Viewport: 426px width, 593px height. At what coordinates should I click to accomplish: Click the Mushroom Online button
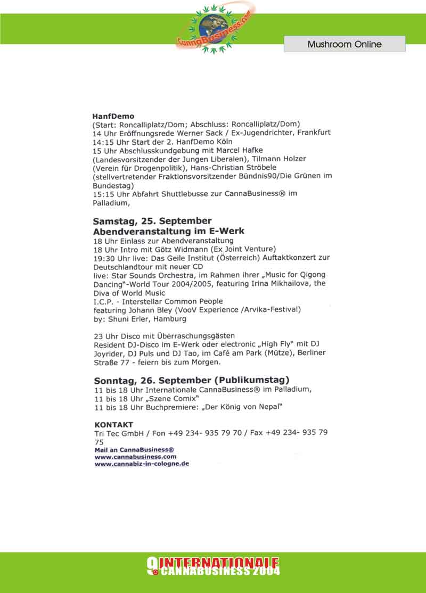click(345, 44)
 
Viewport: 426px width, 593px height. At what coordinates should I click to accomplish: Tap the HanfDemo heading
click(113, 116)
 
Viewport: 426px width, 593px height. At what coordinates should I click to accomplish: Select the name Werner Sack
click(203, 133)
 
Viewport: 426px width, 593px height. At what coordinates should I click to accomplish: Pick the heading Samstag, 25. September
click(152, 221)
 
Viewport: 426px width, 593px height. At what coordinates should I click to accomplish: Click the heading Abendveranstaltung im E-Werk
click(168, 232)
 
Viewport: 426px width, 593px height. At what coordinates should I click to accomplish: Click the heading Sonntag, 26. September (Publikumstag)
click(192, 380)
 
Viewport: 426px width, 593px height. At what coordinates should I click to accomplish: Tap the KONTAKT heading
click(113, 425)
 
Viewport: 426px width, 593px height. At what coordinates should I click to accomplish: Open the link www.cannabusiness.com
click(135, 456)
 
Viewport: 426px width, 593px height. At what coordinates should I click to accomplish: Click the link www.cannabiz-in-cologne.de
click(142, 464)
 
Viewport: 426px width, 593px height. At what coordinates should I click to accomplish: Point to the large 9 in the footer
click(151, 566)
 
